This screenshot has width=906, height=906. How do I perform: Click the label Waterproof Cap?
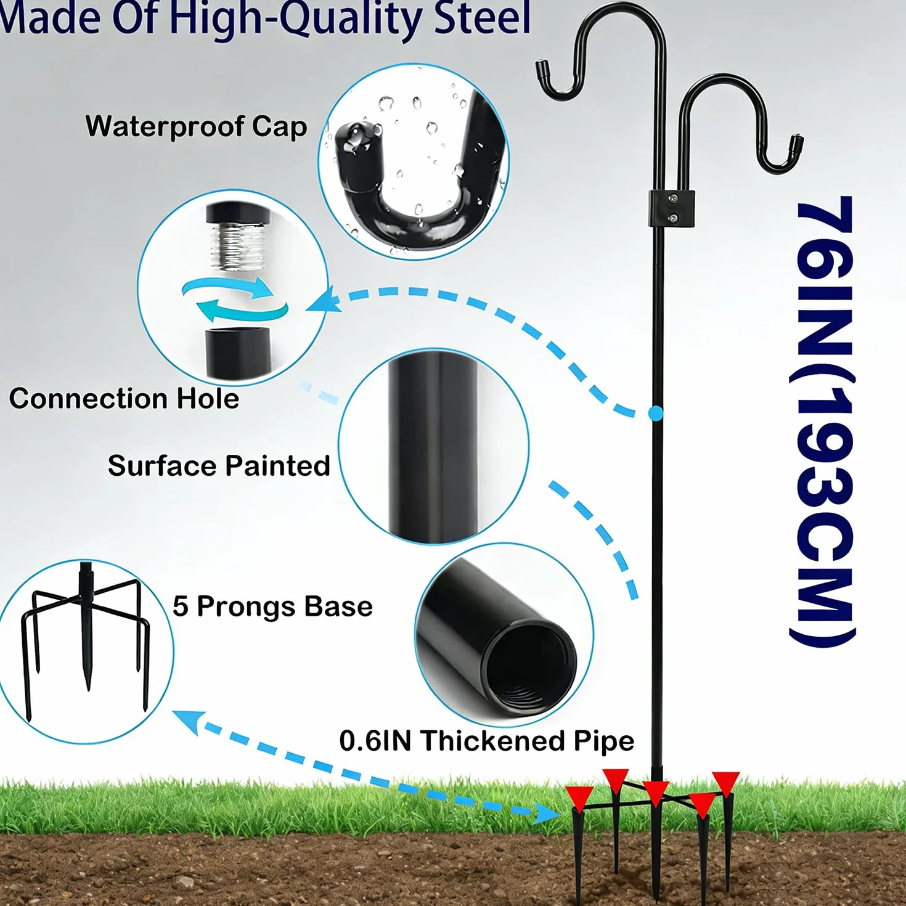click(196, 127)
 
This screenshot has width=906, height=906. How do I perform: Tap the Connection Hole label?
click(124, 399)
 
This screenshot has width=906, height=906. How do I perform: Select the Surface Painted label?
click(219, 466)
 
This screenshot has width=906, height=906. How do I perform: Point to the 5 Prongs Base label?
click(272, 606)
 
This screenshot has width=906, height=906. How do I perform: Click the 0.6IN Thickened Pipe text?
click(487, 741)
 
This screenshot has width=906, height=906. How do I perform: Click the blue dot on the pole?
click(655, 414)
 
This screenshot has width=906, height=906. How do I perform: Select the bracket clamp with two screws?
click(671, 208)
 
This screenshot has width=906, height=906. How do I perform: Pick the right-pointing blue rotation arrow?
click(229, 287)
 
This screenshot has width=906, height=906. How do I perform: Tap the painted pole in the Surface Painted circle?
click(433, 447)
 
